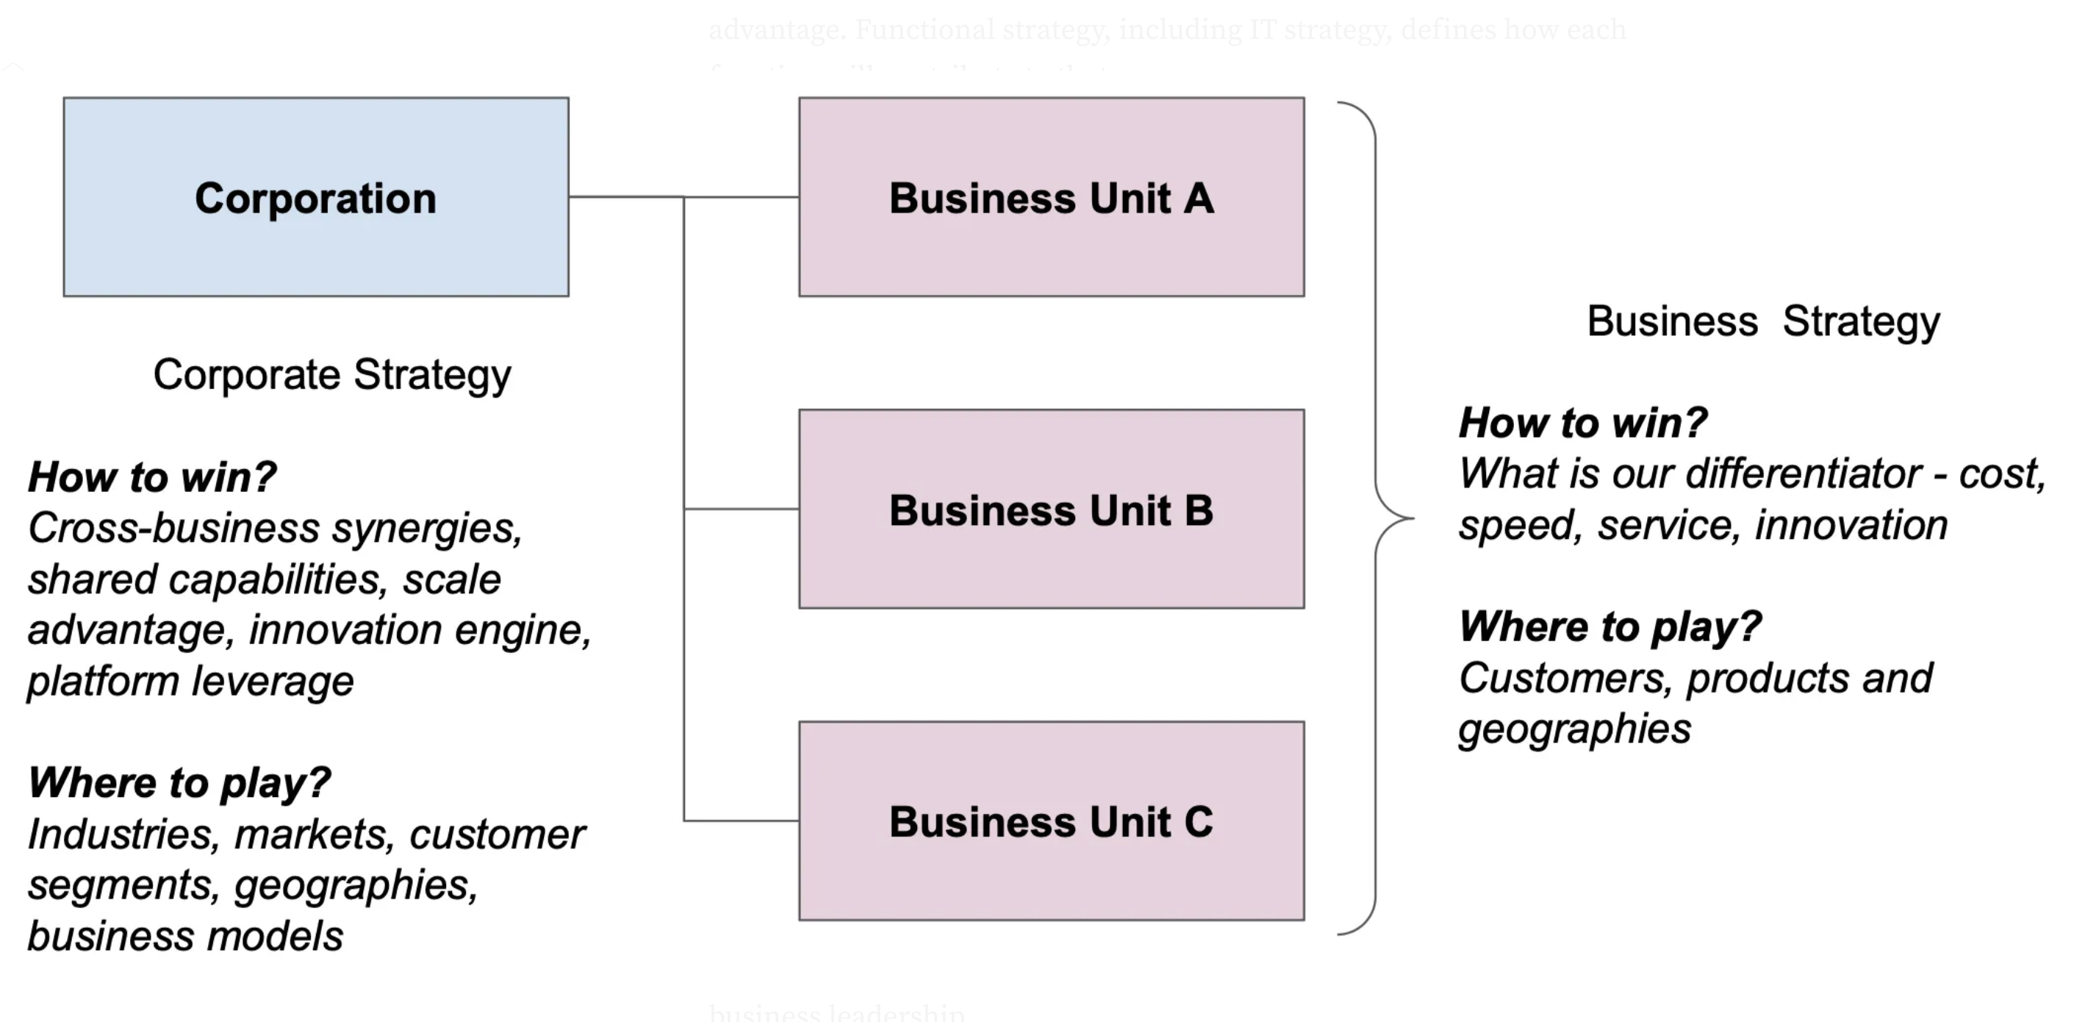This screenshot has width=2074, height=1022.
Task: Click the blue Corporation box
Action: (315, 197)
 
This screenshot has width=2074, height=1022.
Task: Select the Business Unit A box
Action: (1051, 197)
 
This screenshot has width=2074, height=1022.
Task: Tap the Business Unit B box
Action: (1051, 509)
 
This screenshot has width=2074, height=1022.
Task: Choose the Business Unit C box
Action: (1051, 821)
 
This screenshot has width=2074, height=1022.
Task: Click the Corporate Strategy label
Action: (331, 374)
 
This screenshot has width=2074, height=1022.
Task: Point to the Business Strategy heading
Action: (1763, 321)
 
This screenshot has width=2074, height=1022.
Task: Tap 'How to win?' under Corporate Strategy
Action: (152, 476)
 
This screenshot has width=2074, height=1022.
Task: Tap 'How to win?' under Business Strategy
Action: (1583, 423)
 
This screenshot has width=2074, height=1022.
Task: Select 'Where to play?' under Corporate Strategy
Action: (179, 782)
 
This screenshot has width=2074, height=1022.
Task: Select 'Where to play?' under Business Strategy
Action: (1610, 626)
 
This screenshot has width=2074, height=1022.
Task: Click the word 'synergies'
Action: (427, 529)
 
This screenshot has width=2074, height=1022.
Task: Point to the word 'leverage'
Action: (272, 682)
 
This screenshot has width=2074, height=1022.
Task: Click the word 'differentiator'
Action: (1804, 474)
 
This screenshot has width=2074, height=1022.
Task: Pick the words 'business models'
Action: (185, 936)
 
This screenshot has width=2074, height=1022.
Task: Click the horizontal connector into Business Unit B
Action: (741, 509)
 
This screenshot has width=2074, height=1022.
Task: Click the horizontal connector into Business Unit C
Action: (741, 821)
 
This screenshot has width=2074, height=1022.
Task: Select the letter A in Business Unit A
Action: (1199, 198)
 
